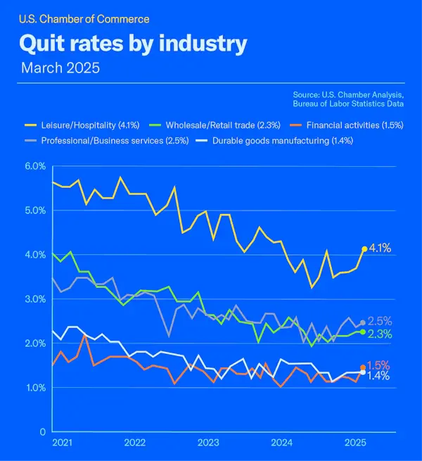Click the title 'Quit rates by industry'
pos(133,44)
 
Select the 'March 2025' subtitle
pos(60,68)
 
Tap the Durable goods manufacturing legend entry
pos(276,140)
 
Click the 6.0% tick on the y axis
pos(34,166)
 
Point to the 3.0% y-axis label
pos(34,299)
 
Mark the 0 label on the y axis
pos(43,431)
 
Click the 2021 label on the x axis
pos(61,443)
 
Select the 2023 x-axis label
pos(208,443)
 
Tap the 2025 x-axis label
pos(355,443)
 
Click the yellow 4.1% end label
pos(380,248)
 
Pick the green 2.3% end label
pos(380,334)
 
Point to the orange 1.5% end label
pos(380,365)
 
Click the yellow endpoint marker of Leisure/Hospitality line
pos(364,249)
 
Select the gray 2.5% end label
pos(380,321)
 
